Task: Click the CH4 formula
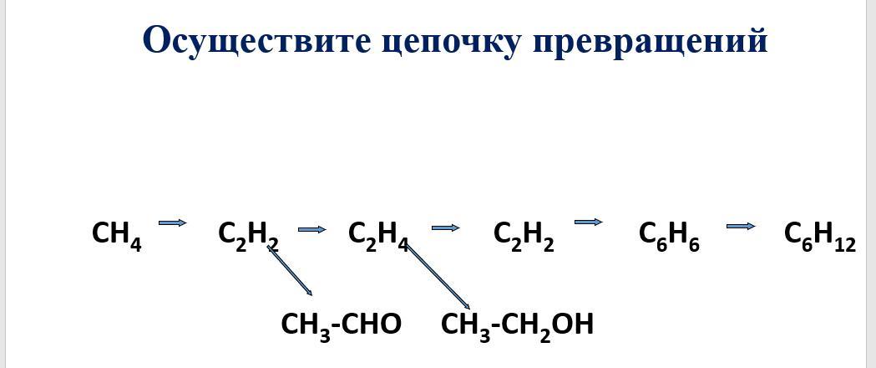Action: click(x=116, y=234)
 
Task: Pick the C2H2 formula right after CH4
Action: click(x=248, y=235)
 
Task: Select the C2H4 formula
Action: click(x=377, y=235)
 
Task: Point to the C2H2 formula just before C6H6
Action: click(x=524, y=235)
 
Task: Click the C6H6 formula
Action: click(x=669, y=235)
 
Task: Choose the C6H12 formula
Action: click(x=819, y=235)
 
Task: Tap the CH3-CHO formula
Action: click(x=341, y=325)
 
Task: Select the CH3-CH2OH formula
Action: click(x=517, y=325)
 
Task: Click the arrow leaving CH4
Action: click(x=172, y=222)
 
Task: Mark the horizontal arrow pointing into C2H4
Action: click(x=311, y=229)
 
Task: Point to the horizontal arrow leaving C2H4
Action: click(x=445, y=227)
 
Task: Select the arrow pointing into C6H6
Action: click(x=589, y=222)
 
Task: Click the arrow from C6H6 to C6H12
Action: click(x=741, y=226)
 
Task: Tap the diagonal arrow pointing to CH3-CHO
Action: click(x=290, y=271)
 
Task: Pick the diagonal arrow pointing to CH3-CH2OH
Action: click(x=438, y=277)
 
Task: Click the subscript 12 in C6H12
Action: click(x=844, y=245)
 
